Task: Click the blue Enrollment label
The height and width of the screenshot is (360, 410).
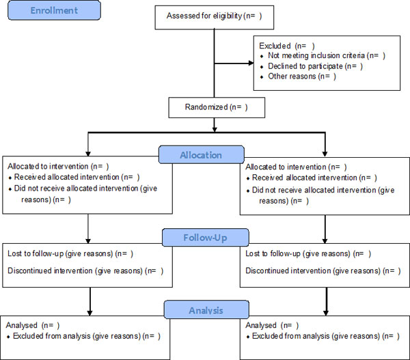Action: coord(54,10)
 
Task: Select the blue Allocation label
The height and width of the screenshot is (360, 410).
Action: coord(202,155)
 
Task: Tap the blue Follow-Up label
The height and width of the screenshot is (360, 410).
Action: coord(205,238)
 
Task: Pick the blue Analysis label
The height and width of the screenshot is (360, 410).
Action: coord(206,310)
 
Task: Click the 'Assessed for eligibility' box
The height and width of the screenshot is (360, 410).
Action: coord(215,17)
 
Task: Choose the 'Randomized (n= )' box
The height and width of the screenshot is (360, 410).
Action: coord(217,107)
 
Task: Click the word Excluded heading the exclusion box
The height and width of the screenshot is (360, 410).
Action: coord(275,46)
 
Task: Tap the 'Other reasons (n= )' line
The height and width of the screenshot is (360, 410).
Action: coord(302,77)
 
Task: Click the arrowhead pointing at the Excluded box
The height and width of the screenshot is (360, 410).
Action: coord(251,63)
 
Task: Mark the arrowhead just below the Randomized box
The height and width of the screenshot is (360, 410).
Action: coord(215,129)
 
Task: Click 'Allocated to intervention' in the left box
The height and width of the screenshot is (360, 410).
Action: coord(48,166)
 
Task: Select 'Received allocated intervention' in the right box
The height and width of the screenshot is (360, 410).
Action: coord(304,178)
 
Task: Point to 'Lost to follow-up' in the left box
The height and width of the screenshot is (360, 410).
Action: coord(36,253)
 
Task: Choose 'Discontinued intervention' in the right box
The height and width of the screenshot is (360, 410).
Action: coord(288,271)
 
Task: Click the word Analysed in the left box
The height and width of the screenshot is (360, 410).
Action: coord(21,325)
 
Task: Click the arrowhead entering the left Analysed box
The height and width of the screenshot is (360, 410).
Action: coord(90,313)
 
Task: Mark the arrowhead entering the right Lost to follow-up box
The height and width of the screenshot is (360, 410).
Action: coord(325,240)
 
